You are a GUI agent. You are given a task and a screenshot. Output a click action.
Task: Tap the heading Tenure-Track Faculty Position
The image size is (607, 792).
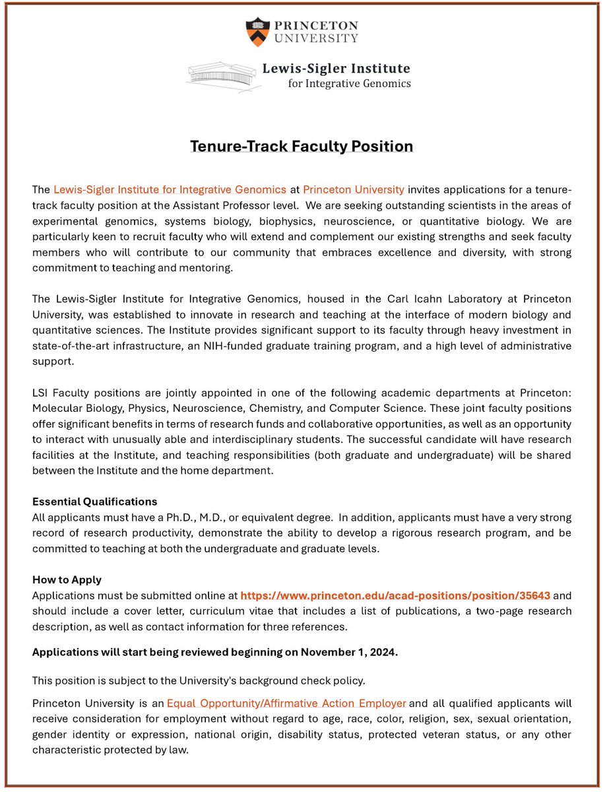[x=302, y=146]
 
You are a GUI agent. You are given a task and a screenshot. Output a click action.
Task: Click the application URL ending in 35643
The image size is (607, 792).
[x=395, y=595]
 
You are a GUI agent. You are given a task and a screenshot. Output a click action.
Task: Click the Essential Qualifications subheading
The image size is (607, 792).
[x=95, y=502]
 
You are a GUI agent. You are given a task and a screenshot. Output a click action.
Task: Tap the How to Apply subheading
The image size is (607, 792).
[x=67, y=580]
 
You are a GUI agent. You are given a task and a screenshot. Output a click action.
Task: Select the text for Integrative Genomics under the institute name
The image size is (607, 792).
[x=350, y=84]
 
